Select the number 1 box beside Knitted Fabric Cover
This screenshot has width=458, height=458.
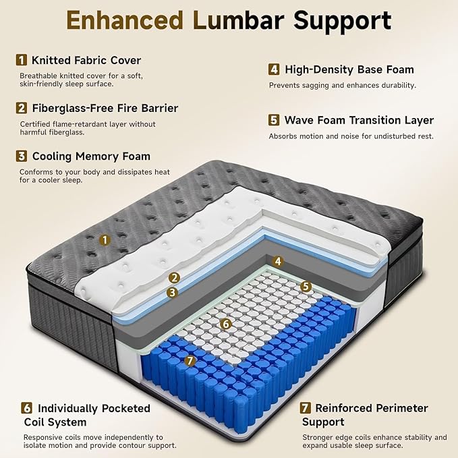coord(22,60)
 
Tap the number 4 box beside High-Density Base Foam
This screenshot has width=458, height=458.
coord(274,69)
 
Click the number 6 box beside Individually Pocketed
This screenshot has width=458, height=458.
coord(26,408)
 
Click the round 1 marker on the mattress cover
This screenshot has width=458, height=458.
coord(104,239)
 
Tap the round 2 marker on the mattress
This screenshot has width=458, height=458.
coord(173,277)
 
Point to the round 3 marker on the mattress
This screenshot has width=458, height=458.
coord(173,292)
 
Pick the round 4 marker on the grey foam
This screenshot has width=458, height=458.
coord(277,262)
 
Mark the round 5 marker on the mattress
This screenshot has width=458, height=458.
coord(306,286)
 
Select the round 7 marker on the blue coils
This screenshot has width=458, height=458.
coord(191,361)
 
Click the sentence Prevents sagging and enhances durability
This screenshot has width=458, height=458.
coord(343,86)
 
